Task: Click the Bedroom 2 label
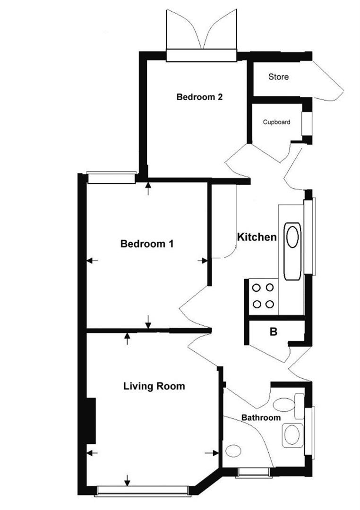coord(199,97)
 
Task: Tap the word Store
coord(278,76)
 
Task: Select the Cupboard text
coord(276,122)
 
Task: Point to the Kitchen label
coord(257,237)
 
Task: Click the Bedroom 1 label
coord(147,244)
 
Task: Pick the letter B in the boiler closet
coord(273,332)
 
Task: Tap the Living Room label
coord(154,386)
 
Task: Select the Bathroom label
coord(261,418)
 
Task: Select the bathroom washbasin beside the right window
coord(292,434)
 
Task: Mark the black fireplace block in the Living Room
coord(91,421)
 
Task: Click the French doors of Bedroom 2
coord(201,33)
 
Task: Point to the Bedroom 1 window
coord(111,178)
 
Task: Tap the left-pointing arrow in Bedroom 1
coord(92,260)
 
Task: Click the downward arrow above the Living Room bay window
coord(127,481)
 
